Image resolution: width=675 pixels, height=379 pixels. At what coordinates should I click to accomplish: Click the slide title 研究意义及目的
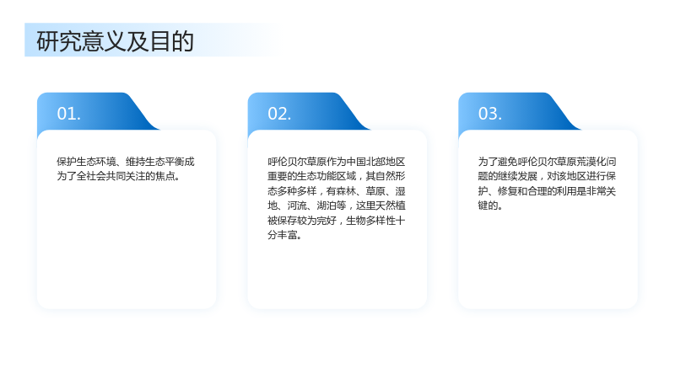point(115,41)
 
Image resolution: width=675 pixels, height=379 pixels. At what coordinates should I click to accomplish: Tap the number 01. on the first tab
point(69,114)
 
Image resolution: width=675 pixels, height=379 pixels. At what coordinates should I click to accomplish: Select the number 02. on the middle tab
point(279,114)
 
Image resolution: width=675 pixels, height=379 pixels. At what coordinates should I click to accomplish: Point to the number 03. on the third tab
point(490,114)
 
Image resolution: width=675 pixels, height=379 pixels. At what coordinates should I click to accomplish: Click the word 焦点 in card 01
point(165,176)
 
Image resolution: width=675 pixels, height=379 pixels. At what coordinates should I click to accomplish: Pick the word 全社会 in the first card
point(91,176)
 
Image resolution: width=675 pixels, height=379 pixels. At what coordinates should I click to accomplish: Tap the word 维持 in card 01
point(135,162)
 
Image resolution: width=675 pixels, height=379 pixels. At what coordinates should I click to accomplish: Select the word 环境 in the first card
point(106,162)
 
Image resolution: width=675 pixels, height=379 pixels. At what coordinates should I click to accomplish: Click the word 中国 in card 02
point(355,162)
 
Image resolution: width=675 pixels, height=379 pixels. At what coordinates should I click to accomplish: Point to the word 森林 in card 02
point(346,191)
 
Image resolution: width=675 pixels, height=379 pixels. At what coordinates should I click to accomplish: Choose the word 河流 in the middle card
point(297,206)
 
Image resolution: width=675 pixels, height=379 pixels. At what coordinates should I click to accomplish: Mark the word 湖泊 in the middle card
point(326,206)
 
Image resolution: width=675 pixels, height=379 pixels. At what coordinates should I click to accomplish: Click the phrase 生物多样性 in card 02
point(370,221)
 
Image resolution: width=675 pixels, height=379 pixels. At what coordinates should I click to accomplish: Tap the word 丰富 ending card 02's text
point(287,235)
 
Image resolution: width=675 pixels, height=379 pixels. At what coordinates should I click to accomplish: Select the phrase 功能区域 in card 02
point(336,176)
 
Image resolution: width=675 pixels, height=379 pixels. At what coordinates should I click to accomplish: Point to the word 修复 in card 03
point(507,191)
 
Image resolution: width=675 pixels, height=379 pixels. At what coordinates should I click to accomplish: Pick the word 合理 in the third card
point(537,191)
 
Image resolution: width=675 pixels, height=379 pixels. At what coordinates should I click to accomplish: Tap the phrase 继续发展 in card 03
point(517,176)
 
